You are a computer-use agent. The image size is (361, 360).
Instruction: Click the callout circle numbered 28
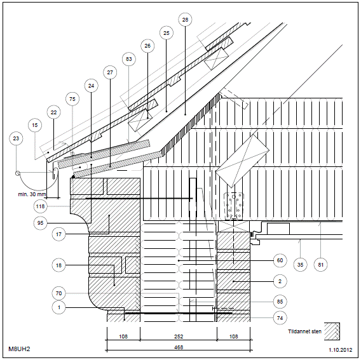tap(185, 20)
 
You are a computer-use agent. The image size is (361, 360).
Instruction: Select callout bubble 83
tap(128, 59)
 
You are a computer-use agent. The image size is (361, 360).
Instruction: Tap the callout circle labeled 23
tap(16, 138)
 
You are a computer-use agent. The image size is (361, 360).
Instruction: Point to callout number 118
tap(40, 206)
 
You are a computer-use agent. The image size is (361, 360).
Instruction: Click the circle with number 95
tap(40, 223)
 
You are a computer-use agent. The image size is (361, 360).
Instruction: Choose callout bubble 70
tap(58, 293)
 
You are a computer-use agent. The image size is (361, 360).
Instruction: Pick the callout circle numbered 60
tap(280, 260)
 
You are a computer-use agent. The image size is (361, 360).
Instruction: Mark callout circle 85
tap(280, 302)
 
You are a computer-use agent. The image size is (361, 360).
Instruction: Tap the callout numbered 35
tap(300, 265)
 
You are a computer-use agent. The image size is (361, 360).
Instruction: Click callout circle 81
tap(321, 265)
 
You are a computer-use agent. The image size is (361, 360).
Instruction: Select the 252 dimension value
tap(179, 337)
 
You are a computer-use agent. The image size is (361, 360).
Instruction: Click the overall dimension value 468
tap(179, 347)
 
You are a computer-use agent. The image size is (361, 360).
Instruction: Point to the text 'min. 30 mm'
tap(32, 194)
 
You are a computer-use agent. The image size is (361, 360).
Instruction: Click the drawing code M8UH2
tap(19, 349)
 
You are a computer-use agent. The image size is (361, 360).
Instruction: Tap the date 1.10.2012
tap(340, 350)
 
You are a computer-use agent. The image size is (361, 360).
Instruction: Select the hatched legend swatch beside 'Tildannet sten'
tap(332, 331)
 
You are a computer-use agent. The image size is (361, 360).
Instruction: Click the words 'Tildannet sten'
tap(304, 331)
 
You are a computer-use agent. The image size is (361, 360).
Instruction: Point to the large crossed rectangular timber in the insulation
tap(242, 161)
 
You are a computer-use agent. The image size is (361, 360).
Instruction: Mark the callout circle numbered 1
tap(58, 307)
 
